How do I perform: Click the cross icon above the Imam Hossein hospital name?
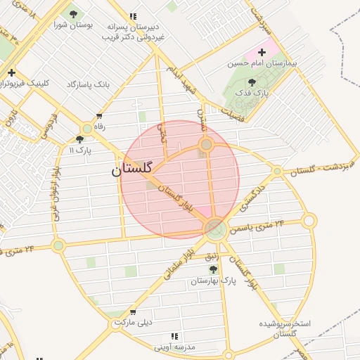(x=262, y=52)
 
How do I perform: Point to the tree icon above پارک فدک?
(x=252, y=82)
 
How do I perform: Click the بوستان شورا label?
(x=74, y=25)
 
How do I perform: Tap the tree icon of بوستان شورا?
(x=73, y=14)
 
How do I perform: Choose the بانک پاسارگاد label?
(x=89, y=84)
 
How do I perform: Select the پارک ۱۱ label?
(x=81, y=150)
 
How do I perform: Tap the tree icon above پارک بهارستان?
(x=213, y=269)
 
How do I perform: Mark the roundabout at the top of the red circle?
(x=206, y=145)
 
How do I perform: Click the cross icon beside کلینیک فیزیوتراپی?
(x=11, y=72)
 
